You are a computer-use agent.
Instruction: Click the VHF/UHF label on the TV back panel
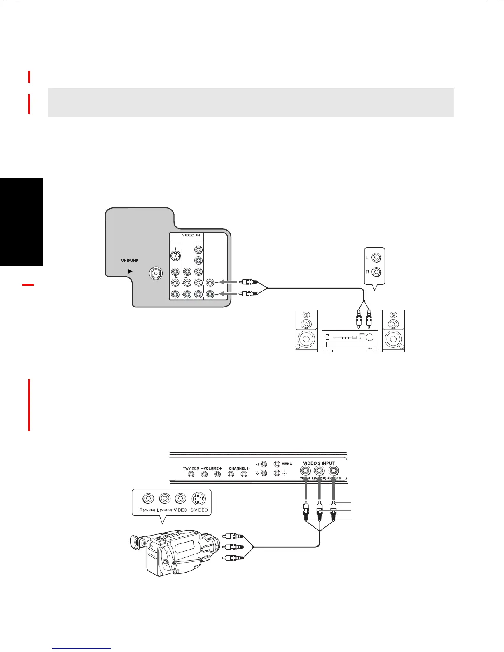click(x=130, y=261)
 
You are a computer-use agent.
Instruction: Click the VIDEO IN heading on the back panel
click(x=191, y=235)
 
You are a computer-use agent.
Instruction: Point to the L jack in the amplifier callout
click(x=376, y=258)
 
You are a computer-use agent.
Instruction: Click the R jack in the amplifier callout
click(x=376, y=272)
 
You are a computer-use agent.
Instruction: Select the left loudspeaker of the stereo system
click(x=306, y=331)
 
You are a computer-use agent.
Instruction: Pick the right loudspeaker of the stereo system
click(x=393, y=331)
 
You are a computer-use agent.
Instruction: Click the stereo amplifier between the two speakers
click(x=350, y=340)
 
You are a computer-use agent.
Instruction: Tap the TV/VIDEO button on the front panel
click(x=191, y=474)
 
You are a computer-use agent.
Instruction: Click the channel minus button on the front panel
click(x=231, y=474)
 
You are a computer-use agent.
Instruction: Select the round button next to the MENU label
click(x=277, y=464)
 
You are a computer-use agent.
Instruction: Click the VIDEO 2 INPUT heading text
click(x=319, y=463)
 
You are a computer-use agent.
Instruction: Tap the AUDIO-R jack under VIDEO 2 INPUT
click(x=333, y=470)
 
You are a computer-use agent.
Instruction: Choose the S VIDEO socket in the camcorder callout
click(x=199, y=499)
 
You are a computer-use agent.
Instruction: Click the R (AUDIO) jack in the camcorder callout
click(x=148, y=499)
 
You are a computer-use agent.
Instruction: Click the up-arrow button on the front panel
click(x=264, y=464)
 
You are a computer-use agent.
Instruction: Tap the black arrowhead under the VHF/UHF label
click(x=130, y=271)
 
